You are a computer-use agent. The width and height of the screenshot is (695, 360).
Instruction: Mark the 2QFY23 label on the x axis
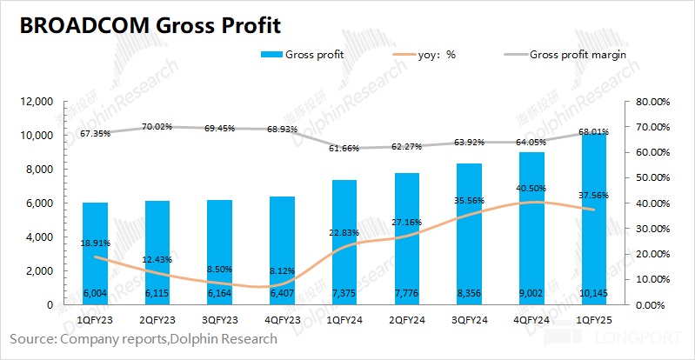(x=157, y=321)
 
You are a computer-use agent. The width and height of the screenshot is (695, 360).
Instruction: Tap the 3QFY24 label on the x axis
(x=470, y=321)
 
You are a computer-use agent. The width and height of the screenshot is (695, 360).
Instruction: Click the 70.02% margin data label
(x=157, y=126)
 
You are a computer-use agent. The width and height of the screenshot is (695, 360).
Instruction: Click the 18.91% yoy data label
(x=95, y=243)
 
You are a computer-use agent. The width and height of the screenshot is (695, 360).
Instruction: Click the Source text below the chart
(x=144, y=339)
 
